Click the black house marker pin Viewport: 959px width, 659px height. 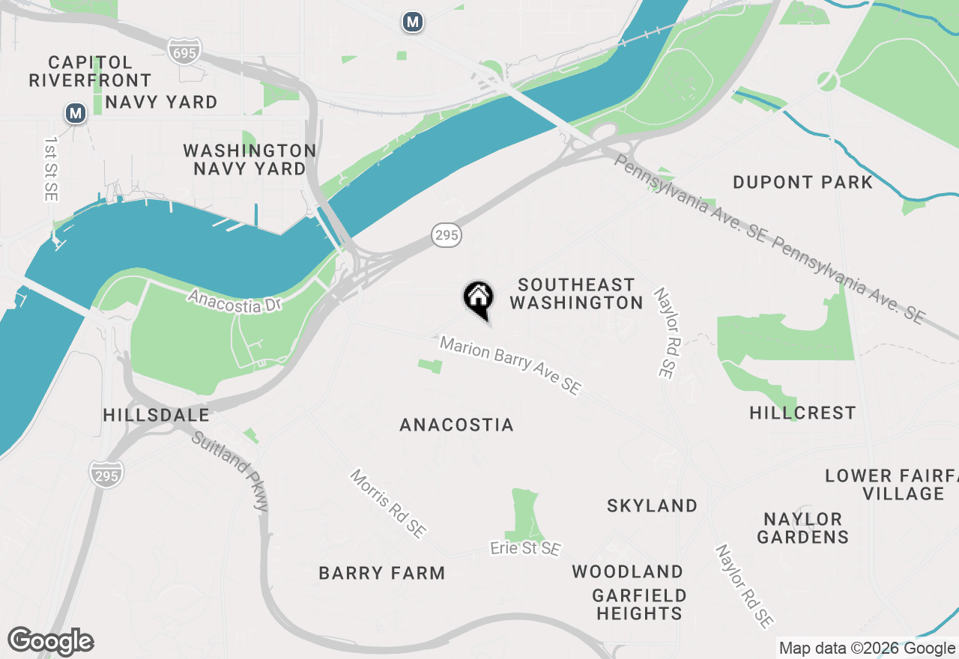click(478, 298)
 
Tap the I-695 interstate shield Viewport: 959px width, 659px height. click(185, 51)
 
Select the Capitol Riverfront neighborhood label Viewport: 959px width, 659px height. click(90, 71)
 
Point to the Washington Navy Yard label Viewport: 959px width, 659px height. click(249, 160)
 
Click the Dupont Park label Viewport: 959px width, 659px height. click(802, 182)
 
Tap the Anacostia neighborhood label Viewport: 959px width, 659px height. click(457, 425)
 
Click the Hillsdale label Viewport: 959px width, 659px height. click(156, 415)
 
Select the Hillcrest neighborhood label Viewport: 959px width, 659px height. click(802, 413)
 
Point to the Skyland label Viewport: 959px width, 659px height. click(653, 505)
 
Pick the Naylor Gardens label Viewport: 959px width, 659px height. click(802, 528)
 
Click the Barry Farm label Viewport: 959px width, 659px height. click(382, 573)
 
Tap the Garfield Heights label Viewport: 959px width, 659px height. click(639, 604)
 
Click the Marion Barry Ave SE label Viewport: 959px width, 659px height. click(510, 365)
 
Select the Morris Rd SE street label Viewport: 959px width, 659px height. click(388, 504)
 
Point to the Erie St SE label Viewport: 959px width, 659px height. click(525, 549)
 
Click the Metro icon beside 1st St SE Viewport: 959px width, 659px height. click(75, 113)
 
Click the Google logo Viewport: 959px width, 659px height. click(51, 642)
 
